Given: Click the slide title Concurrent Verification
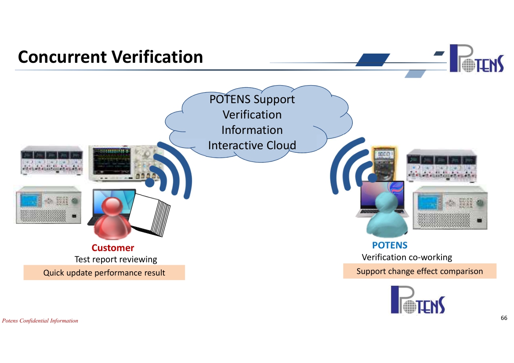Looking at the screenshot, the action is pos(110,57).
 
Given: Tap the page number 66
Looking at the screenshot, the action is pos(504,318).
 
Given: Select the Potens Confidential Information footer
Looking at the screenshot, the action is pos(40,321).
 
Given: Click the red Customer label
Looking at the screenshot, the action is pos(113,248).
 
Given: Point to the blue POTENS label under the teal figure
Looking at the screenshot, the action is pos(390,245).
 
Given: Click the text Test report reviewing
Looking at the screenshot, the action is pos(116,259).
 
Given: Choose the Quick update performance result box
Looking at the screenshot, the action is pos(104,273).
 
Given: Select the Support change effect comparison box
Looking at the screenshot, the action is pos(420,271).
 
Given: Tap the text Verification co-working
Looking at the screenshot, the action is pos(407,258).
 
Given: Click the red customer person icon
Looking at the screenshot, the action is pos(112,218).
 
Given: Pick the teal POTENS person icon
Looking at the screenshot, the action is pos(387,215).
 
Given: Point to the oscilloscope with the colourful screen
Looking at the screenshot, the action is pos(125,163).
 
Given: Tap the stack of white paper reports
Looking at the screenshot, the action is pos(150,215).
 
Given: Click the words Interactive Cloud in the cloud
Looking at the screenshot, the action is pos(252,145).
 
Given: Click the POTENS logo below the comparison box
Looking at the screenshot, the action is pos(418,300).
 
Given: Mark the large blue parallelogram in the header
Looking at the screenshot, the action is pos(373,60).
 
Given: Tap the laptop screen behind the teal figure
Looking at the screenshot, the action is pos(383,195).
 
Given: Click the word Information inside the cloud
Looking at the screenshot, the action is pos(252,130).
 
